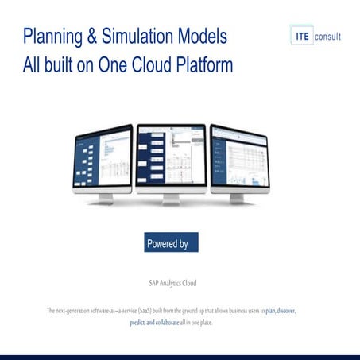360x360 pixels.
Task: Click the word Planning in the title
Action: (x=53, y=37)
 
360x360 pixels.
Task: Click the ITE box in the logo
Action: (x=303, y=36)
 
